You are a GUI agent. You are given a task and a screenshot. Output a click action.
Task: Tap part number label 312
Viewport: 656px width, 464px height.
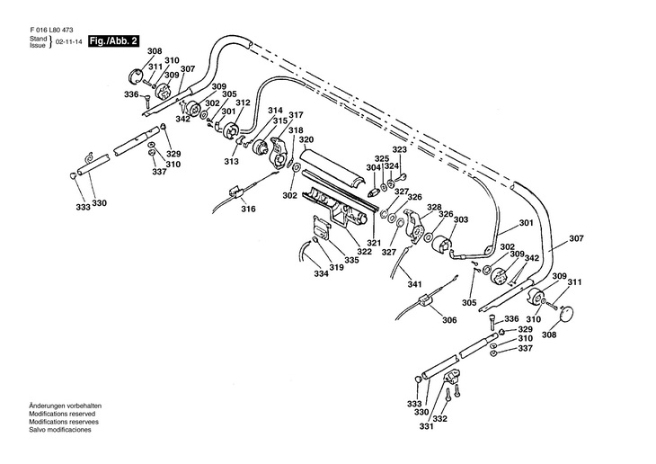[243, 103]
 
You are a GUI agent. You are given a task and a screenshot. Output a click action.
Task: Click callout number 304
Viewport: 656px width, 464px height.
[373, 168]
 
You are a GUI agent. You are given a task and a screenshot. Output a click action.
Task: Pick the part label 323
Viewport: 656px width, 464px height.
[399, 150]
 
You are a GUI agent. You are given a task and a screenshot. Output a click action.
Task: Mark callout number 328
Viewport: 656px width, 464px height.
[434, 208]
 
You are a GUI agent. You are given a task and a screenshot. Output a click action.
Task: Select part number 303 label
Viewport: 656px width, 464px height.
[460, 219]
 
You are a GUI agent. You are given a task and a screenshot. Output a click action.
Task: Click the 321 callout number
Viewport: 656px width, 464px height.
[373, 245]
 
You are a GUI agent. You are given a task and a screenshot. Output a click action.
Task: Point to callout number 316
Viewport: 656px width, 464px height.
[248, 209]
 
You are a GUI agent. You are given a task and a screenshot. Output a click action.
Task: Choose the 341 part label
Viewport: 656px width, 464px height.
[414, 285]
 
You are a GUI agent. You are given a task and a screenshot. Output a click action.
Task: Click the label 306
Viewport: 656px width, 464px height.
[448, 318]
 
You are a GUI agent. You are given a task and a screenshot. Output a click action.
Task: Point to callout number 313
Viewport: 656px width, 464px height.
[232, 162]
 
